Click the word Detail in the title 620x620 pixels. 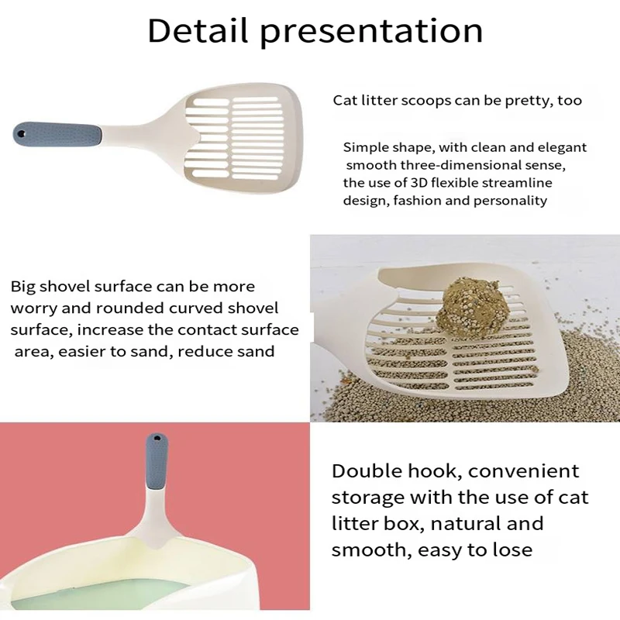point(198,30)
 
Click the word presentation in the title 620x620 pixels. point(371,33)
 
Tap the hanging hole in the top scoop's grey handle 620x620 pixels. point(22,134)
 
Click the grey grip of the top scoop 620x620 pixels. point(57,135)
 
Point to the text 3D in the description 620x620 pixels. point(419,183)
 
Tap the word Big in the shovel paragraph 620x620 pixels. point(23,287)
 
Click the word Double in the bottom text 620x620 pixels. point(367,471)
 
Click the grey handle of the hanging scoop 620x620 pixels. point(157,462)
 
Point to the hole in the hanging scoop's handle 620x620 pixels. point(157,439)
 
